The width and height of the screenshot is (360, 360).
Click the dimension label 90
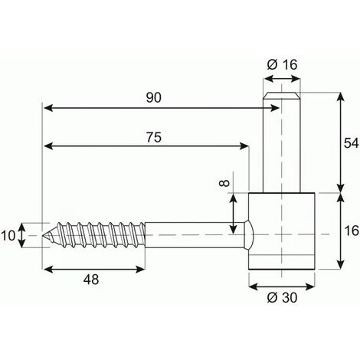(x=154, y=98)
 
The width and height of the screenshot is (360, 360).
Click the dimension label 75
(x=154, y=137)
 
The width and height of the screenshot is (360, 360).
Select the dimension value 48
(x=91, y=280)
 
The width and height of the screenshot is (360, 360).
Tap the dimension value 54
(x=352, y=143)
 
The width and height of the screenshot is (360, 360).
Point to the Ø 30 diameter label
(x=282, y=297)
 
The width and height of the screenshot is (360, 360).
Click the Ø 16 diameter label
(x=282, y=64)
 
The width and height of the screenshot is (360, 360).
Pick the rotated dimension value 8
(x=224, y=183)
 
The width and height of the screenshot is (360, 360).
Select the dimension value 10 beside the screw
(x=8, y=235)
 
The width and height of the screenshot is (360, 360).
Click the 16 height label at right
(x=352, y=231)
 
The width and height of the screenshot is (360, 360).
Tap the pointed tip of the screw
(x=43, y=235)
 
